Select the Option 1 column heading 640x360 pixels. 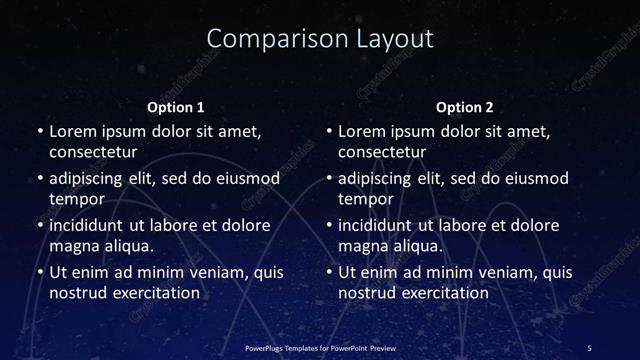(175, 107)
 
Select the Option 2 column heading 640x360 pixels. (465, 107)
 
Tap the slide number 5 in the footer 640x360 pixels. (589, 347)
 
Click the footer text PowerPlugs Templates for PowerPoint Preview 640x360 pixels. (319, 347)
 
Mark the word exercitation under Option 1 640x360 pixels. (156, 293)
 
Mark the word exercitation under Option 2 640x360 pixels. (446, 293)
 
